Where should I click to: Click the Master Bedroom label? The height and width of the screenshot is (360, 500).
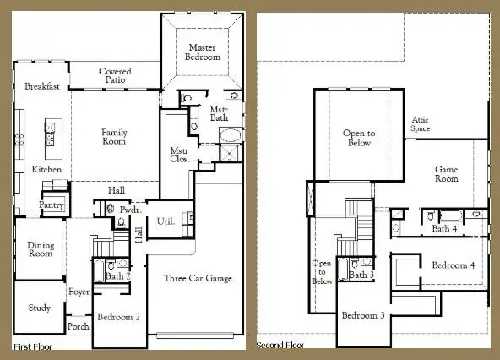(x=204, y=52)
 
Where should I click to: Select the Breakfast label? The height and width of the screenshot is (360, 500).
(x=41, y=86)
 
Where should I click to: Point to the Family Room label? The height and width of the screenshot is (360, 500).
(x=114, y=138)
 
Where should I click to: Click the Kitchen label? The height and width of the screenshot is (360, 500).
(x=46, y=170)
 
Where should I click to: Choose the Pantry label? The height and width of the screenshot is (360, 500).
(x=52, y=205)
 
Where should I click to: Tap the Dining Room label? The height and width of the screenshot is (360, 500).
(x=41, y=248)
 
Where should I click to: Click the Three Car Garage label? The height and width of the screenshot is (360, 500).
(x=198, y=278)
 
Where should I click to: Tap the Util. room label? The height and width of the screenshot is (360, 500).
(x=166, y=221)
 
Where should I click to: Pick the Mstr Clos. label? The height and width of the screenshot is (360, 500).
(x=178, y=155)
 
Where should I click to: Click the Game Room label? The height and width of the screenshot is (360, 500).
(x=446, y=174)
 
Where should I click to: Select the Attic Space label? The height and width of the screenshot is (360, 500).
(x=421, y=124)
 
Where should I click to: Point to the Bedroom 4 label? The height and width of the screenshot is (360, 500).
(x=454, y=265)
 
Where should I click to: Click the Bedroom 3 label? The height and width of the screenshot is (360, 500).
(x=363, y=315)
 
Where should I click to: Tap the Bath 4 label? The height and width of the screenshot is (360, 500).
(x=445, y=228)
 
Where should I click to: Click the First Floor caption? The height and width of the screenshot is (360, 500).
(x=35, y=346)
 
